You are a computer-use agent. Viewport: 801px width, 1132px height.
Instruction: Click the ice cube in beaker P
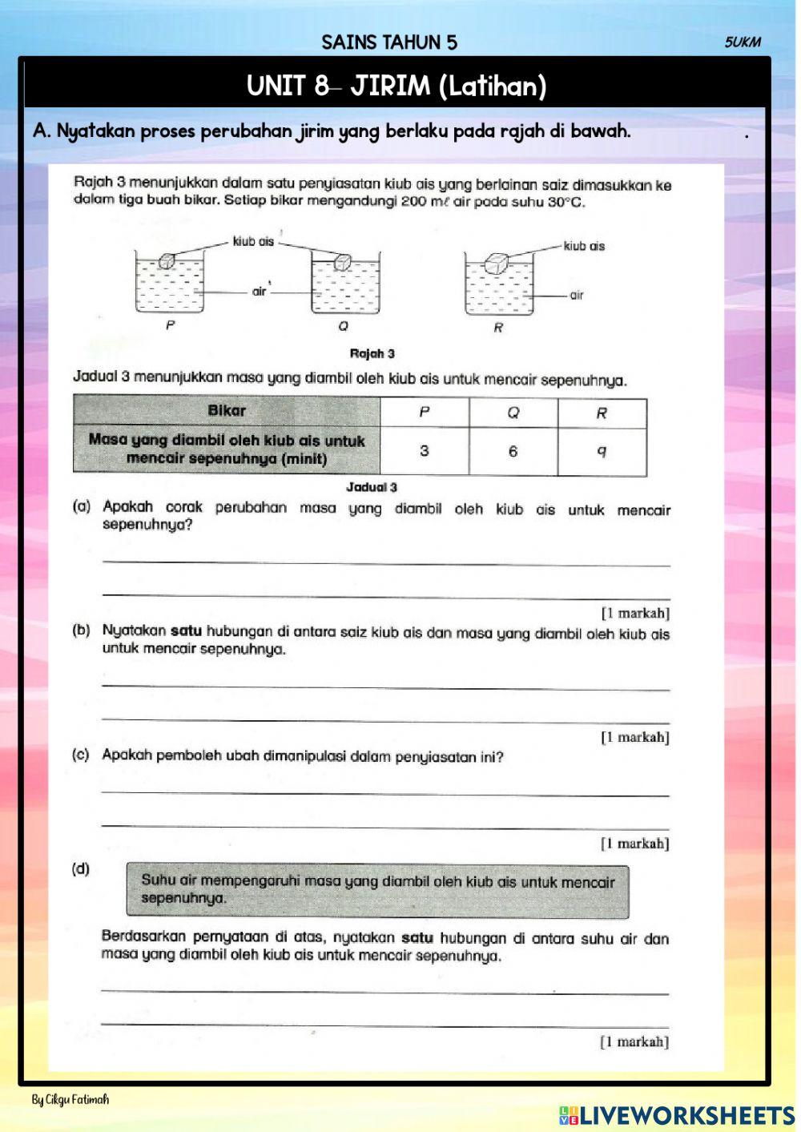pyautogui.click(x=166, y=260)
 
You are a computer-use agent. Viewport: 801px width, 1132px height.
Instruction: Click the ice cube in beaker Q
pyautogui.click(x=343, y=261)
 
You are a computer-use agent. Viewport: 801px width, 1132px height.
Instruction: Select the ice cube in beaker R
pyautogui.click(x=497, y=264)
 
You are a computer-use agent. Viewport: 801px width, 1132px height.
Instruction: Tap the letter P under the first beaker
pyautogui.click(x=170, y=326)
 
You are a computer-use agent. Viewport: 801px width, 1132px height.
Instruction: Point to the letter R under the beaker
pyautogui.click(x=498, y=328)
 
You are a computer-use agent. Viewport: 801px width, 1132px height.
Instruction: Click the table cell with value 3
pyautogui.click(x=424, y=451)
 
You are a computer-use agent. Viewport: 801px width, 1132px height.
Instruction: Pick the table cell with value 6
pyautogui.click(x=513, y=451)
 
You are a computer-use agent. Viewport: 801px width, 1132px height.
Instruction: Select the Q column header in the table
pyautogui.click(x=513, y=413)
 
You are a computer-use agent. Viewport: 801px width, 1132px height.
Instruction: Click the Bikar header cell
pyautogui.click(x=227, y=411)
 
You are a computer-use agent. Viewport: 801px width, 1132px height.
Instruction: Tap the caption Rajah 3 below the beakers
pyautogui.click(x=372, y=353)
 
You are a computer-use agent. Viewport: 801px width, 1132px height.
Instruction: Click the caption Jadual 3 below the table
pyautogui.click(x=372, y=487)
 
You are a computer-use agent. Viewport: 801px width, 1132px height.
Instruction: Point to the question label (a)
pyautogui.click(x=81, y=507)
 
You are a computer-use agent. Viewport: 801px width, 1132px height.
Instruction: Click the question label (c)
pyautogui.click(x=81, y=755)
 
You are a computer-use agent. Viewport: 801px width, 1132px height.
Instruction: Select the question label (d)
pyautogui.click(x=81, y=868)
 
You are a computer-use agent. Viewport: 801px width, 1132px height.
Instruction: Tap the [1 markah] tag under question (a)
pyautogui.click(x=635, y=614)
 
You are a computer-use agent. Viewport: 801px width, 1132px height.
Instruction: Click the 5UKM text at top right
pyautogui.click(x=743, y=42)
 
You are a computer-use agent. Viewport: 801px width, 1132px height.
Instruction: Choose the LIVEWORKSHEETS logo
pyautogui.click(x=677, y=1115)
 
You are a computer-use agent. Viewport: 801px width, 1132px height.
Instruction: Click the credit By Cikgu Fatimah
pyautogui.click(x=70, y=1100)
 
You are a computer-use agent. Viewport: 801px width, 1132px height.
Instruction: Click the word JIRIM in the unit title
pyautogui.click(x=391, y=85)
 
